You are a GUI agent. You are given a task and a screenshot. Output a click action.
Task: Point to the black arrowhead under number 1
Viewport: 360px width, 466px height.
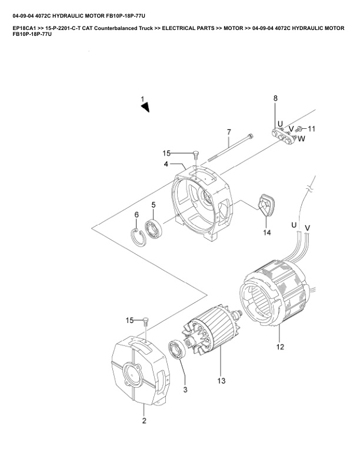145,106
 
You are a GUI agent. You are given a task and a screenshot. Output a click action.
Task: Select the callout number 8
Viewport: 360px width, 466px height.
275,98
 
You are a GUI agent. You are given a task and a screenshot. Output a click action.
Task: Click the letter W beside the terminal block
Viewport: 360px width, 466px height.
301,139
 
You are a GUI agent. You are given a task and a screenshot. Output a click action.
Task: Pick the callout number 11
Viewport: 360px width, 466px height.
312,128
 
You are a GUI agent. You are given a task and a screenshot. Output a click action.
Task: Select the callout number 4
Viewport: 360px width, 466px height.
166,163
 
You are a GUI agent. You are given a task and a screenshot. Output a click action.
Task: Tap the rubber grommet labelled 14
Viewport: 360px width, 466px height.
265,207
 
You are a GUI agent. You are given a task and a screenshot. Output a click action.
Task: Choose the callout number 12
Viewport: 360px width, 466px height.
280,347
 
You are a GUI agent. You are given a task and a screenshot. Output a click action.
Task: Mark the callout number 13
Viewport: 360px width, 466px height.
221,381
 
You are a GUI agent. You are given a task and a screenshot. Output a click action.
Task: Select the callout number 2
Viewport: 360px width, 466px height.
144,421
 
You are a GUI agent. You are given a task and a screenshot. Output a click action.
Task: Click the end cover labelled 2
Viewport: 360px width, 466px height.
139,370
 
